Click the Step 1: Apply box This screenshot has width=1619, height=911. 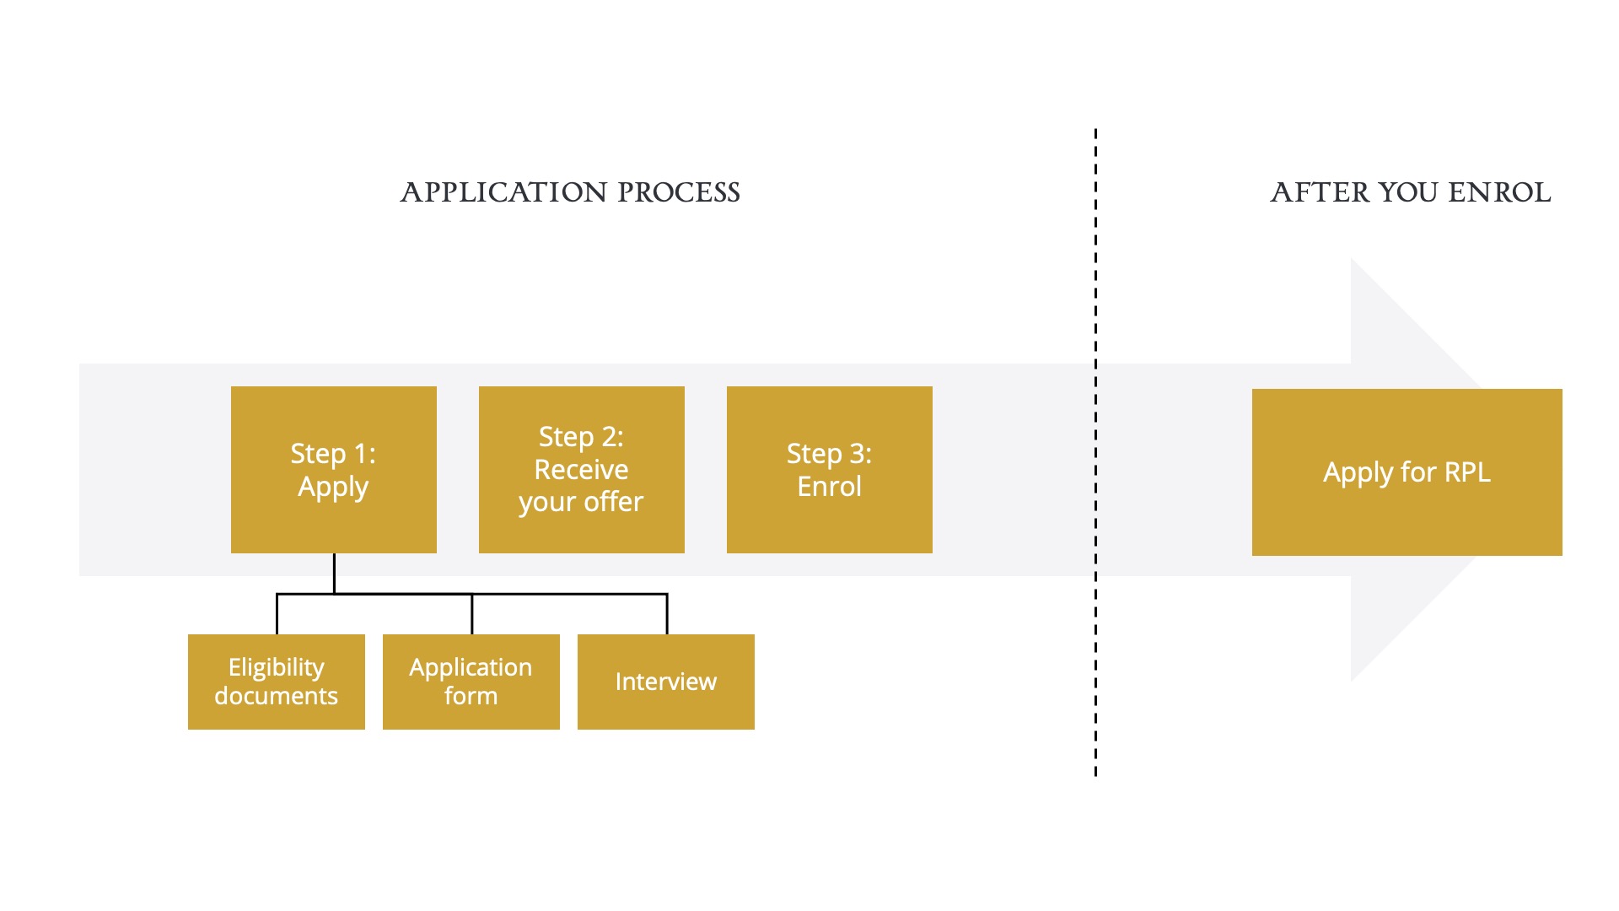(334, 470)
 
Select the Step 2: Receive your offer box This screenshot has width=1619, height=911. (582, 470)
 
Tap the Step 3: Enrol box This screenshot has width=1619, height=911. (830, 470)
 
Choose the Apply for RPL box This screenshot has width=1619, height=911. (1407, 472)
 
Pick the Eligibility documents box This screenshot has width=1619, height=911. (277, 682)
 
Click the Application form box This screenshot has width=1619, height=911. (471, 682)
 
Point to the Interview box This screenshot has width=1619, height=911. (666, 682)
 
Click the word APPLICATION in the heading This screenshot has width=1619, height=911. (503, 192)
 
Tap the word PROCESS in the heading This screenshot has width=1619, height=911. (679, 192)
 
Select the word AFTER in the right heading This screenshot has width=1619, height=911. (1320, 192)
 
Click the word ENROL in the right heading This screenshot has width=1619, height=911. (1499, 192)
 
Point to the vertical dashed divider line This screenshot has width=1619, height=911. (1095, 452)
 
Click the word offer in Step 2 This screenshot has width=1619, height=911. (614, 502)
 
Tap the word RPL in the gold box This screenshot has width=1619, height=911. (1467, 472)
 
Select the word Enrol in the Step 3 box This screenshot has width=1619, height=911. (830, 487)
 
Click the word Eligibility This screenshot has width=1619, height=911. (277, 668)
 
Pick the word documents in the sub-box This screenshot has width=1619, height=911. (277, 696)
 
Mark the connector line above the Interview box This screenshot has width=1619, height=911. (667, 614)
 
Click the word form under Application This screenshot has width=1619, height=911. (471, 696)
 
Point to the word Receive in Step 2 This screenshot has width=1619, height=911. (582, 469)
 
